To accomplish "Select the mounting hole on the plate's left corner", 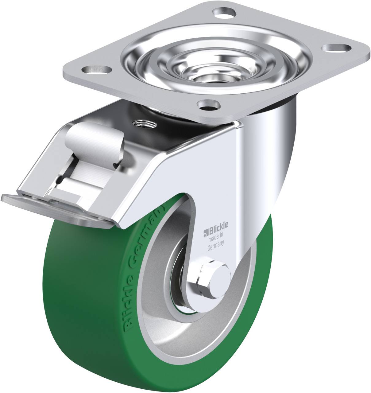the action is (x=97, y=69).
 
